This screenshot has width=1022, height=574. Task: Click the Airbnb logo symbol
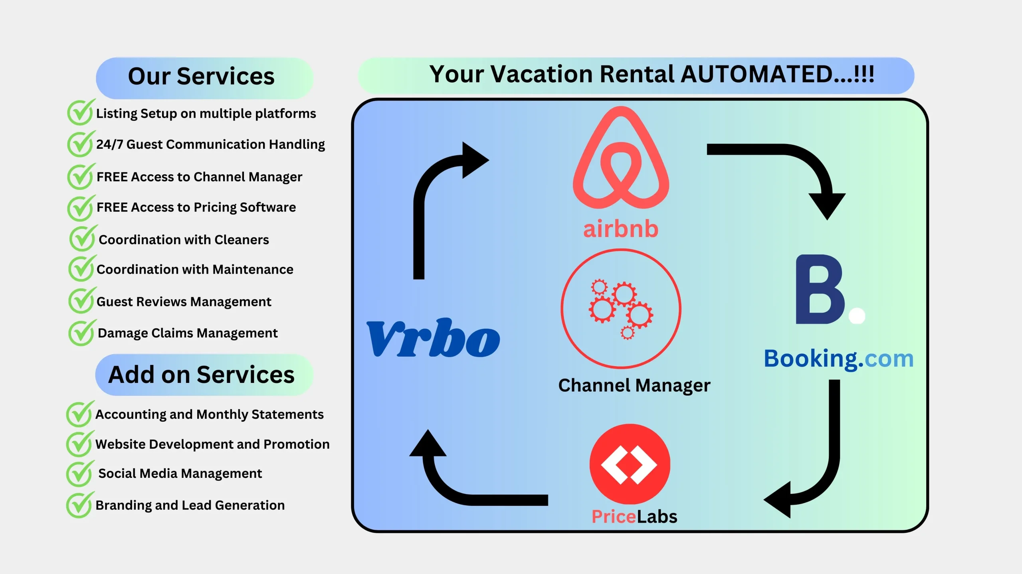[x=621, y=158]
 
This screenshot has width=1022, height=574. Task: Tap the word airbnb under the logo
[x=621, y=229]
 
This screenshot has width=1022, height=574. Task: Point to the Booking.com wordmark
[x=839, y=359]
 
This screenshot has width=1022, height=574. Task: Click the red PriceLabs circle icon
[x=630, y=464]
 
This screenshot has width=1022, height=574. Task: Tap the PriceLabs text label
[x=634, y=517]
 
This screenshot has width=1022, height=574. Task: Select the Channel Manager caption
[x=634, y=385]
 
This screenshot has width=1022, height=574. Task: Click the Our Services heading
[x=201, y=76]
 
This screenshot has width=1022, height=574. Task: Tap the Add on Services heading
[x=201, y=375]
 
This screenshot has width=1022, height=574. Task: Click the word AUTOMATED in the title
[x=757, y=74]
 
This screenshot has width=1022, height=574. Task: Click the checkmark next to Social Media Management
[x=80, y=473]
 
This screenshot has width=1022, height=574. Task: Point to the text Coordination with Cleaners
[x=184, y=240]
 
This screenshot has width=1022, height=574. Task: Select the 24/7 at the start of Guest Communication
[x=109, y=144]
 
